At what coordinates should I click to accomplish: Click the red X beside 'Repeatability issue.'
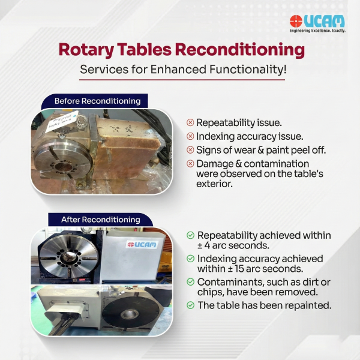pyautogui.click(x=190, y=122)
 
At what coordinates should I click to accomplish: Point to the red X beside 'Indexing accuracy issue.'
pyautogui.click(x=190, y=136)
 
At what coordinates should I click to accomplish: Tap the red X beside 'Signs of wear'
pyautogui.click(x=190, y=150)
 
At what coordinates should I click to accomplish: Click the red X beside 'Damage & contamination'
pyautogui.click(x=190, y=164)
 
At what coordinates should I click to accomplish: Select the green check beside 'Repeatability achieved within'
pyautogui.click(x=190, y=236)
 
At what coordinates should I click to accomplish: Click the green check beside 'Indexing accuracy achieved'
pyautogui.click(x=190, y=259)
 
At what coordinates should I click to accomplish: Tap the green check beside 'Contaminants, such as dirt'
pyautogui.click(x=190, y=282)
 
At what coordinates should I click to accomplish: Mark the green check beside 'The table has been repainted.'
pyautogui.click(x=190, y=305)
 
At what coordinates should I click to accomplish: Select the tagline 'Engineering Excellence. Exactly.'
pyautogui.click(x=318, y=31)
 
